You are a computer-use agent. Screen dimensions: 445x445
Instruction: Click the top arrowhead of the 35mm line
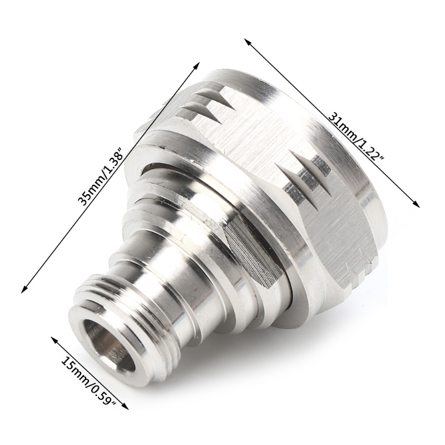[x=197, y=65]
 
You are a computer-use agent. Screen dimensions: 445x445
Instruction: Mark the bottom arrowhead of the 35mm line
[x=23, y=290]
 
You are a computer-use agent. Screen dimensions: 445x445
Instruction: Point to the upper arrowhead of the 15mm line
[x=53, y=339]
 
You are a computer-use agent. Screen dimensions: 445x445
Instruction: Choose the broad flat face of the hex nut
[x=245, y=139]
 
